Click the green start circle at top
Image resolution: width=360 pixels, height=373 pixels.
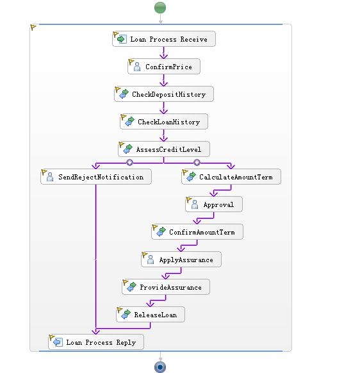coord(160,8)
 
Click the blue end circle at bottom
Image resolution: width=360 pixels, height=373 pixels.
coord(160,367)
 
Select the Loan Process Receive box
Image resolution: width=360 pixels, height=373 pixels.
coord(164,39)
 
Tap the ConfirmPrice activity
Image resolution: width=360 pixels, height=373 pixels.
coord(164,67)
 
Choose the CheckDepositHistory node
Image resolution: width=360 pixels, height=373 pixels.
coord(164,94)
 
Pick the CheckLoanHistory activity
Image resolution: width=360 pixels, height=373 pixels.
coord(164,122)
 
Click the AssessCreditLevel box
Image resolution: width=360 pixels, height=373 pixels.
coord(164,149)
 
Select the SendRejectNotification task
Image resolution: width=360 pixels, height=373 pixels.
coord(96,177)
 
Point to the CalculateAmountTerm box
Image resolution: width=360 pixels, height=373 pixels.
coord(231,177)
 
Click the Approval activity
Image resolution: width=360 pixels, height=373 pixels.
coord(214,204)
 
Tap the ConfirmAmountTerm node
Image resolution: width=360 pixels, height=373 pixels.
coord(197,232)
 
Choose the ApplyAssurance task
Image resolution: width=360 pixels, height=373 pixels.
coord(181,260)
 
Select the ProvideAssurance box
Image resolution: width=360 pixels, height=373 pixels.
coord(166,287)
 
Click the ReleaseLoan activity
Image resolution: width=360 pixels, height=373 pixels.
coord(151,315)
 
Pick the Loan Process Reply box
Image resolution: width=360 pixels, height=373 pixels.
coord(96,342)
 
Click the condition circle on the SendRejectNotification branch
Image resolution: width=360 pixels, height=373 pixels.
coord(129,163)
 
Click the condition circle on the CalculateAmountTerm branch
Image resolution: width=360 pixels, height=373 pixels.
coord(197,163)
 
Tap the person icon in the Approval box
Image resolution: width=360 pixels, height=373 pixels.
coord(195,204)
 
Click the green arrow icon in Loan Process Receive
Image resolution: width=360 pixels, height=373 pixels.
coord(122,39)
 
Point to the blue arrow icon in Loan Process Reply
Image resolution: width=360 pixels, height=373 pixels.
coord(58,342)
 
